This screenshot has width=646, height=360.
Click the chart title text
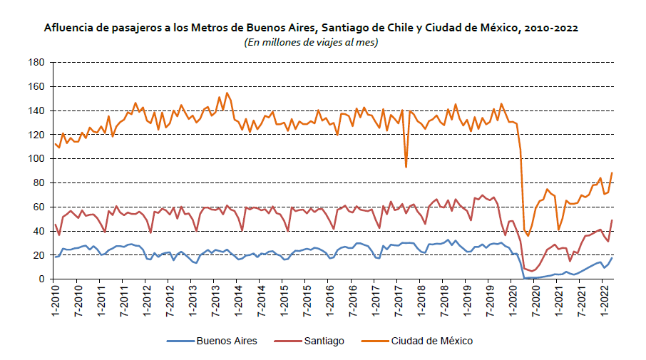(311, 28)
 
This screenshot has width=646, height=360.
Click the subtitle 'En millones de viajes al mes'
(311, 42)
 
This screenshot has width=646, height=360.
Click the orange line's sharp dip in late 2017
(406, 166)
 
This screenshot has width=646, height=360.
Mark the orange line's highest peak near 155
(227, 93)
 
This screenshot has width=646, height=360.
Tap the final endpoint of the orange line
(612, 173)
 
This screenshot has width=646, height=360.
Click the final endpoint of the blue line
(612, 258)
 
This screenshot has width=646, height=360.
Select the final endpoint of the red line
(612, 220)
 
